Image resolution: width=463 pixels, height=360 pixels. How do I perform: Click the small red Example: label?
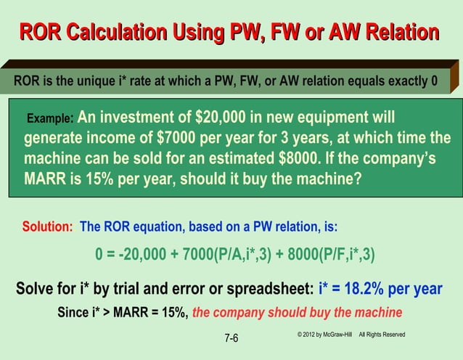49,118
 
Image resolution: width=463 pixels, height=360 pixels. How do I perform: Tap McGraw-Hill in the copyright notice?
338,334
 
